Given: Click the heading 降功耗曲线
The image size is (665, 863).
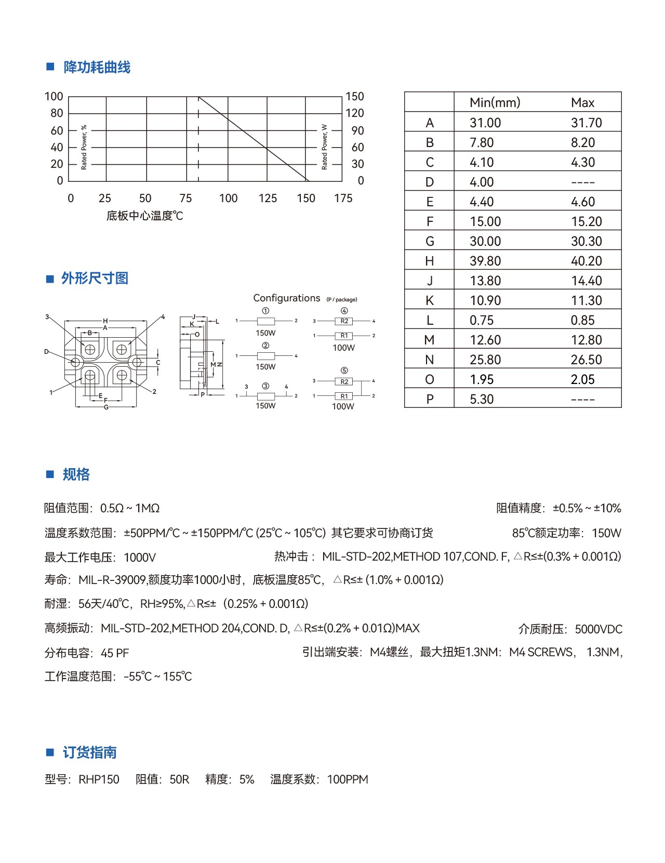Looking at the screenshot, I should click(x=97, y=68).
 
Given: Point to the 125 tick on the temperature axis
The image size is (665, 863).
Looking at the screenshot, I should click(x=268, y=198).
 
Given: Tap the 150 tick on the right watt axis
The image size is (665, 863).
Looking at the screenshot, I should click(x=354, y=97).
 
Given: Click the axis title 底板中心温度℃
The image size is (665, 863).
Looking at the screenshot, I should click(x=144, y=216).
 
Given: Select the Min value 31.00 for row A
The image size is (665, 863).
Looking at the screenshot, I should click(x=485, y=123).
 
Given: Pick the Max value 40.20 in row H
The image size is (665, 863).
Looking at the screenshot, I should click(x=586, y=261).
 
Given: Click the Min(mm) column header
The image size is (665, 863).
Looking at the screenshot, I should click(x=495, y=103).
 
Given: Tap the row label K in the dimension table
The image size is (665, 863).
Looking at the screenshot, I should click(x=429, y=301).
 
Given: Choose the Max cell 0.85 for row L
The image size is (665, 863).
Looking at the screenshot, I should click(x=582, y=321).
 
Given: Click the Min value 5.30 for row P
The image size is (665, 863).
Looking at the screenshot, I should click(x=482, y=400).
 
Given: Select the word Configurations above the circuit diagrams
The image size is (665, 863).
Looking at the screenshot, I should click(x=286, y=298).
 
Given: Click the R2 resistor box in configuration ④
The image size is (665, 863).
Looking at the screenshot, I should click(x=344, y=321).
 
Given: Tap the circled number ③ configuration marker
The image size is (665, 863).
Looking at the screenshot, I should click(x=265, y=386).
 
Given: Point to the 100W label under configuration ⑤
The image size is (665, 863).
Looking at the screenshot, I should click(x=343, y=407).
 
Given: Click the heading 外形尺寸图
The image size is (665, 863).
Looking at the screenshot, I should click(x=95, y=278).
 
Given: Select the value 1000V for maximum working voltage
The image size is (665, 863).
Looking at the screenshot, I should click(x=140, y=558).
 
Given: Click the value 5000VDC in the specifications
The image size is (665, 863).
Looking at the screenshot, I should click(x=598, y=630).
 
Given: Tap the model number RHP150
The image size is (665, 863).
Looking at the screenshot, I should click(x=99, y=780).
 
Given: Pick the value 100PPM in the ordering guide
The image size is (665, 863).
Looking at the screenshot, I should click(x=348, y=780).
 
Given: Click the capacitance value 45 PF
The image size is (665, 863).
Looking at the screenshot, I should click(x=115, y=654).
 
